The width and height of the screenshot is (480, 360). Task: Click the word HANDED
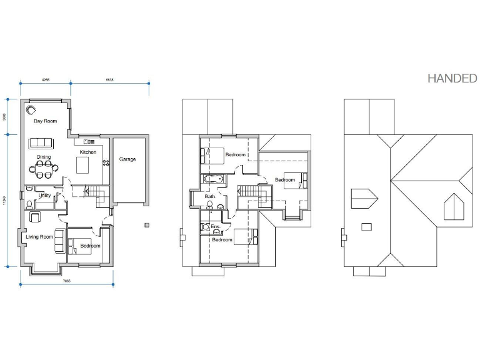pos(452,78)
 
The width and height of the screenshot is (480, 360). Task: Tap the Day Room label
pos(46,121)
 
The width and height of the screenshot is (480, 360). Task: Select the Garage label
pos(127,159)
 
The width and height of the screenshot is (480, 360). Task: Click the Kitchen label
pos(87,152)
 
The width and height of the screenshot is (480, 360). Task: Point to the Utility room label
pos(44,196)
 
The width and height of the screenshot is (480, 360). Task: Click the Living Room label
pos(39,237)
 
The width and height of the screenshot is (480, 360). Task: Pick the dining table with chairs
pos(44,167)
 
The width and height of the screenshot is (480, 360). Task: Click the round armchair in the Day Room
pos(31,110)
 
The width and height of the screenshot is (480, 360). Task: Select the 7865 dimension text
pos(66,281)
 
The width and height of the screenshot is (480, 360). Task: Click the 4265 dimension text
pos(46,80)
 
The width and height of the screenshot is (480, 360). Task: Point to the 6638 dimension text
pos(109,80)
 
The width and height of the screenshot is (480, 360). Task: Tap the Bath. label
pos(210,196)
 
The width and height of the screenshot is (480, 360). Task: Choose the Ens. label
pos(215,226)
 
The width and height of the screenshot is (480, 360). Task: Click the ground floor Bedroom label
pos(90,246)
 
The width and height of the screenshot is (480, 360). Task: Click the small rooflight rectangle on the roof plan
pos(367,226)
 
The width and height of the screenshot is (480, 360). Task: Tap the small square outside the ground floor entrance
pos(146,224)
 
